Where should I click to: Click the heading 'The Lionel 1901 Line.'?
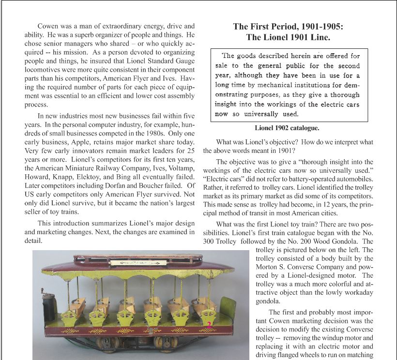[x=289, y=37]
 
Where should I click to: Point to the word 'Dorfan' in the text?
[x=113, y=185]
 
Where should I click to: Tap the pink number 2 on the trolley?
[x=209, y=325]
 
